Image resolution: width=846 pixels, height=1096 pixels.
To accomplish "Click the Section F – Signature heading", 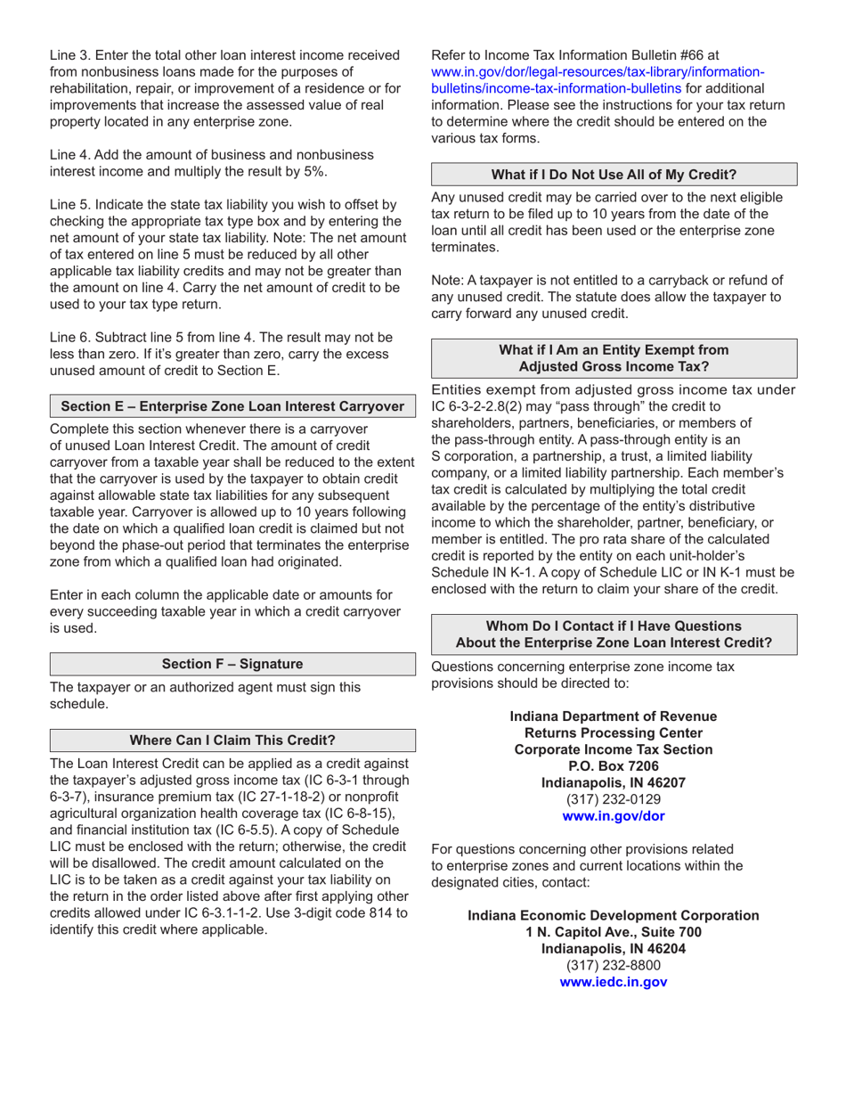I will point(232,664).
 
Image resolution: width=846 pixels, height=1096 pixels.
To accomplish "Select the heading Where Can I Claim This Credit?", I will point(232,740).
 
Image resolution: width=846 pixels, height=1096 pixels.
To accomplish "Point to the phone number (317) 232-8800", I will point(614,965).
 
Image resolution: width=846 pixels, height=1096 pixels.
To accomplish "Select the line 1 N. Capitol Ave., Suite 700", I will point(614,932).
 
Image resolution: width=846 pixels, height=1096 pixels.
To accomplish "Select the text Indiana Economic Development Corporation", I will point(614,915).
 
